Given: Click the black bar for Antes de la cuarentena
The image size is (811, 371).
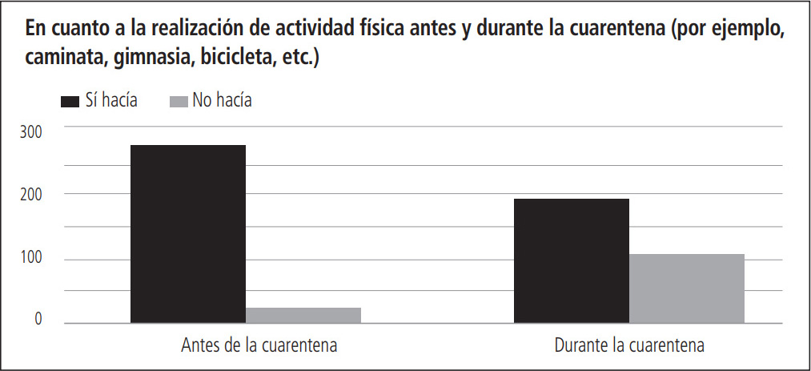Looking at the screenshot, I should (187, 234).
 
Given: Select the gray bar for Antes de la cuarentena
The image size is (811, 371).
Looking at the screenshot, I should (303, 316).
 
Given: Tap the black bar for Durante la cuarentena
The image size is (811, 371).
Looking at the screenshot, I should (571, 261).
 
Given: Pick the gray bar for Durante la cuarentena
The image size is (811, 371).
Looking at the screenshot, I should (686, 288).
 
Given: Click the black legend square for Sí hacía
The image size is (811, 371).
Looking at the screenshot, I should (70, 101).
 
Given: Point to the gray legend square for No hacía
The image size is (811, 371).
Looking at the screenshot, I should (179, 101).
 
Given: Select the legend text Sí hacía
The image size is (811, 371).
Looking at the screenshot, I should (111, 100).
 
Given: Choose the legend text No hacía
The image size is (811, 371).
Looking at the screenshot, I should (222, 100).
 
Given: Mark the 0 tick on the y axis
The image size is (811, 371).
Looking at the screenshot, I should (37, 321).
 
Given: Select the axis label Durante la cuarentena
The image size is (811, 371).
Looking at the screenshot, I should (629, 346).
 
